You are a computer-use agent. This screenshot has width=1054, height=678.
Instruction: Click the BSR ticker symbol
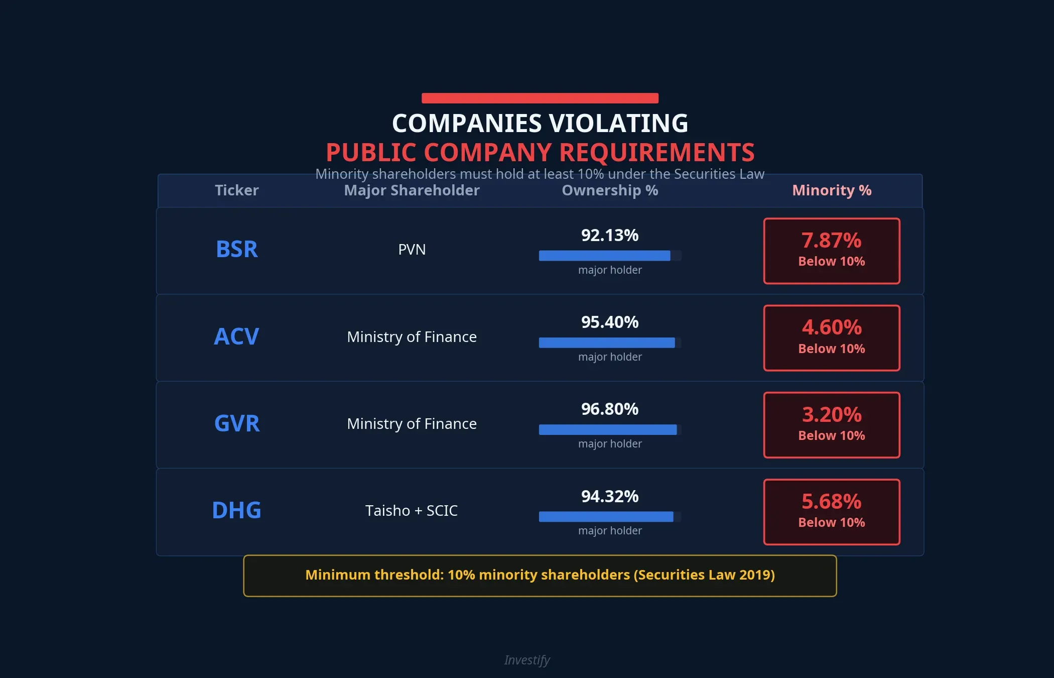click(236, 249)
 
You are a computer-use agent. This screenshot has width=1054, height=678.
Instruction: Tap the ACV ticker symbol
click(236, 336)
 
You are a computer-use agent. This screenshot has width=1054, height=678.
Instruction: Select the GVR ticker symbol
click(236, 423)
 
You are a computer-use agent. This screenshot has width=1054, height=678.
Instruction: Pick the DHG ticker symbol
click(236, 510)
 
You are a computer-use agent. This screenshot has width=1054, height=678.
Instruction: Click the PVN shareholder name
click(412, 250)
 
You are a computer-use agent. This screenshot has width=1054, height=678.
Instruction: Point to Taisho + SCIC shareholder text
click(412, 511)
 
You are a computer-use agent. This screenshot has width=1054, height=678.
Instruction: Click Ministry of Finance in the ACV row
click(412, 336)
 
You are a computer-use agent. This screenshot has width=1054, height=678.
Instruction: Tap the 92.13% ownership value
click(609, 235)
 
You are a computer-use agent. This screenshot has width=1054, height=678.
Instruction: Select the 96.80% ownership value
click(609, 409)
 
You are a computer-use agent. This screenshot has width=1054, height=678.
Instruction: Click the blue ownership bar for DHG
click(606, 517)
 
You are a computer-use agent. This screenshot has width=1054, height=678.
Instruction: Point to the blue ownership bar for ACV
click(606, 343)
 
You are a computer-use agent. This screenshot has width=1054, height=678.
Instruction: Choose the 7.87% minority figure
click(831, 241)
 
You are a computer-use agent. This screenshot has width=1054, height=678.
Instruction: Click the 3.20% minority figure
click(831, 415)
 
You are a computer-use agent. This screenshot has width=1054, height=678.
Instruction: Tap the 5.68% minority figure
click(831, 502)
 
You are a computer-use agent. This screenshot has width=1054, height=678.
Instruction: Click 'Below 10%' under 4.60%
click(831, 349)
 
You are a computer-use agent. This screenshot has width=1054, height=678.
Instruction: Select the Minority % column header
click(831, 190)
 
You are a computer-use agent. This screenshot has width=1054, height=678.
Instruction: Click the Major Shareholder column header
click(412, 190)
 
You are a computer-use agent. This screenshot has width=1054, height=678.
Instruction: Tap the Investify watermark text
click(527, 660)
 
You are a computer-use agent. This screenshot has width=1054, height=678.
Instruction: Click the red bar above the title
click(540, 98)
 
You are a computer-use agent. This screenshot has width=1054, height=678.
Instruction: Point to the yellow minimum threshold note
click(540, 575)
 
